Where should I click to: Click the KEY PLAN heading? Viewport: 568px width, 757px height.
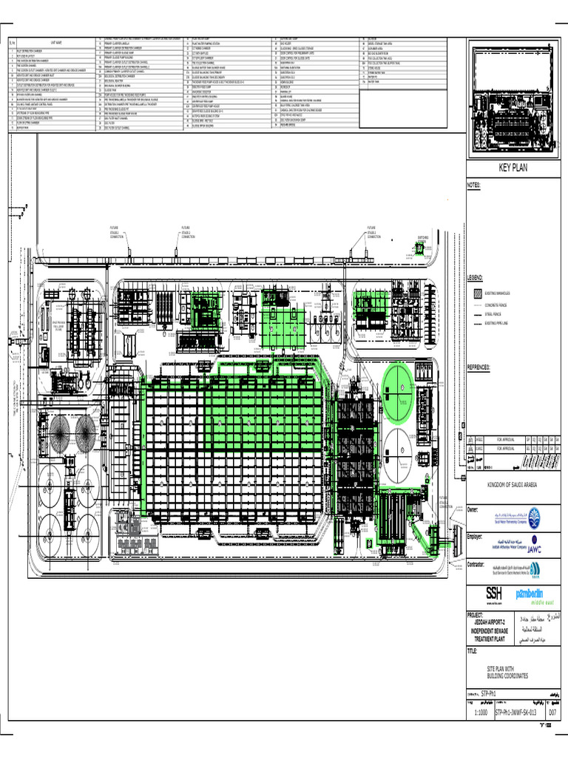515,168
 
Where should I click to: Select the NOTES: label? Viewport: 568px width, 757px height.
474,184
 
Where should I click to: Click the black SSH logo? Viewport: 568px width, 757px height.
493,593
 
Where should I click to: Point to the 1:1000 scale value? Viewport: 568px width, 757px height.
481,713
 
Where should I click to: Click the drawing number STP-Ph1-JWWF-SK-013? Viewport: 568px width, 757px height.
515,713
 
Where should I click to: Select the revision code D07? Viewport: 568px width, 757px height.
551,713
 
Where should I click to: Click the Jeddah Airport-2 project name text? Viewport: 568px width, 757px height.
491,622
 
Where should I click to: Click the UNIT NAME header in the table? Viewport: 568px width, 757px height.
55,43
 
